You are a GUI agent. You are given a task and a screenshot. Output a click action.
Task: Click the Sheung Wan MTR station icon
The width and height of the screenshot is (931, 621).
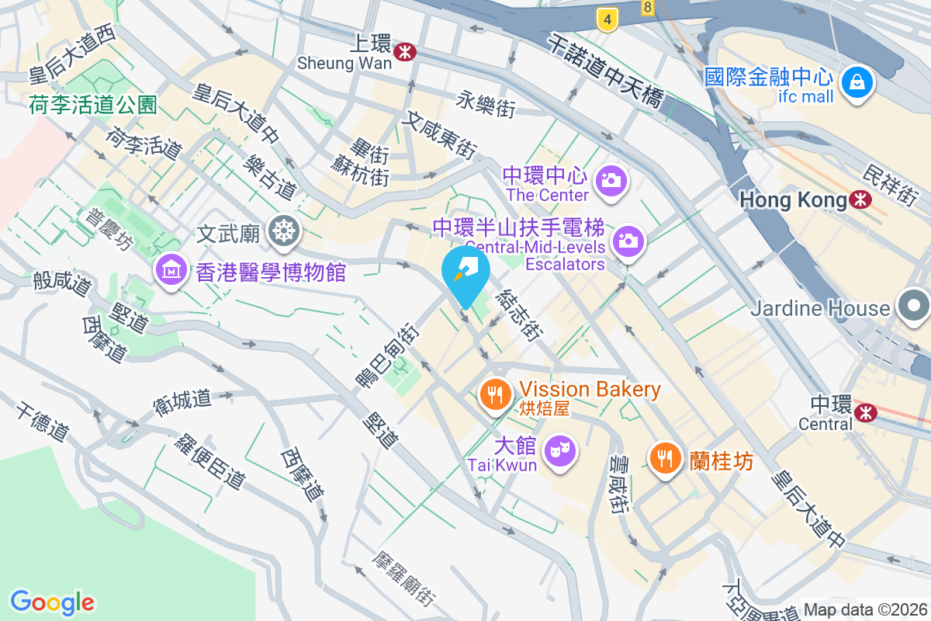404,51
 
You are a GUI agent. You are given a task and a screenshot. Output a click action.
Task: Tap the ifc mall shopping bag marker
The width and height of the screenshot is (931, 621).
857,81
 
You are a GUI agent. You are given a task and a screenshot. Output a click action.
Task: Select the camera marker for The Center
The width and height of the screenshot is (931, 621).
611,181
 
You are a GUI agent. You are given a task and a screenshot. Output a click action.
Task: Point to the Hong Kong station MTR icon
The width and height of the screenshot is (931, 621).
860,199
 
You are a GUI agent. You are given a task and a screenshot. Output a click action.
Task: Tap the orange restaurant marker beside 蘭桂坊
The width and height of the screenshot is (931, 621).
665,457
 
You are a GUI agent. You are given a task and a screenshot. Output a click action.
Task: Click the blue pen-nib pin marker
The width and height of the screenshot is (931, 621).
465,272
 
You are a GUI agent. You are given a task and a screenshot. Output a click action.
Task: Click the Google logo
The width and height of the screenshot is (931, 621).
52,602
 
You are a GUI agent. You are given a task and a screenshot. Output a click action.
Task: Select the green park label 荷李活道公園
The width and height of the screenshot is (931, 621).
93,103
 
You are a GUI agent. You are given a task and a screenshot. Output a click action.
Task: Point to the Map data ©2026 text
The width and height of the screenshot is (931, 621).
865,609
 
